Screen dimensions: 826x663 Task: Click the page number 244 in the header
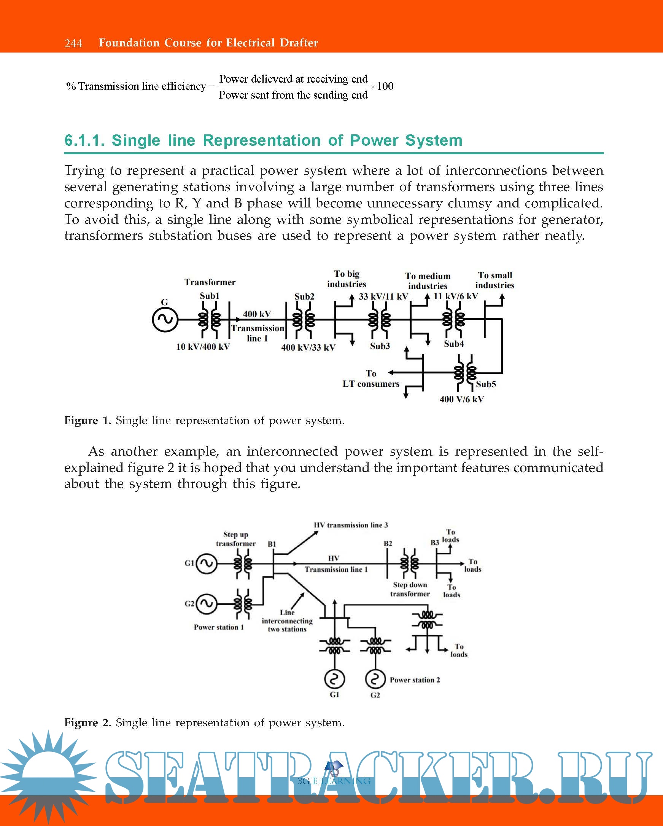73,43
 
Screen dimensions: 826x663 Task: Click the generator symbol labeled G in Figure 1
165,319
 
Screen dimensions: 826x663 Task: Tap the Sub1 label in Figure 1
209,296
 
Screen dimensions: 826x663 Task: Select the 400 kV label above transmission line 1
257,314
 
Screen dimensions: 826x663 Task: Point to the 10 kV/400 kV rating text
203,347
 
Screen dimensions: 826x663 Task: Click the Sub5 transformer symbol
465,372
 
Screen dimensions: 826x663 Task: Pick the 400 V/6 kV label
462,399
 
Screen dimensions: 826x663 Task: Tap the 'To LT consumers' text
370,378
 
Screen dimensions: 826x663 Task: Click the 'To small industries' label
494,280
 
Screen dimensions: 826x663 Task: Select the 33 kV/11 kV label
383,296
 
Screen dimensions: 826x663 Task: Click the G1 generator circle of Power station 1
206,564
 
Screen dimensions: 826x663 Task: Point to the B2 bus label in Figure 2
388,543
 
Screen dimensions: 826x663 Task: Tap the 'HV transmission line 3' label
351,525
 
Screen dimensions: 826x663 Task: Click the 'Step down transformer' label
410,589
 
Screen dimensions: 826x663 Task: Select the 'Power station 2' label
415,680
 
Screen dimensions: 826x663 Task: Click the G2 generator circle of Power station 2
375,679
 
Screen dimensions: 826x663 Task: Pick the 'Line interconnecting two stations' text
287,621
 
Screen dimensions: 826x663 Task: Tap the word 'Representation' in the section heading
261,140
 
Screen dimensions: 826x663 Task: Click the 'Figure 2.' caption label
87,722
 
